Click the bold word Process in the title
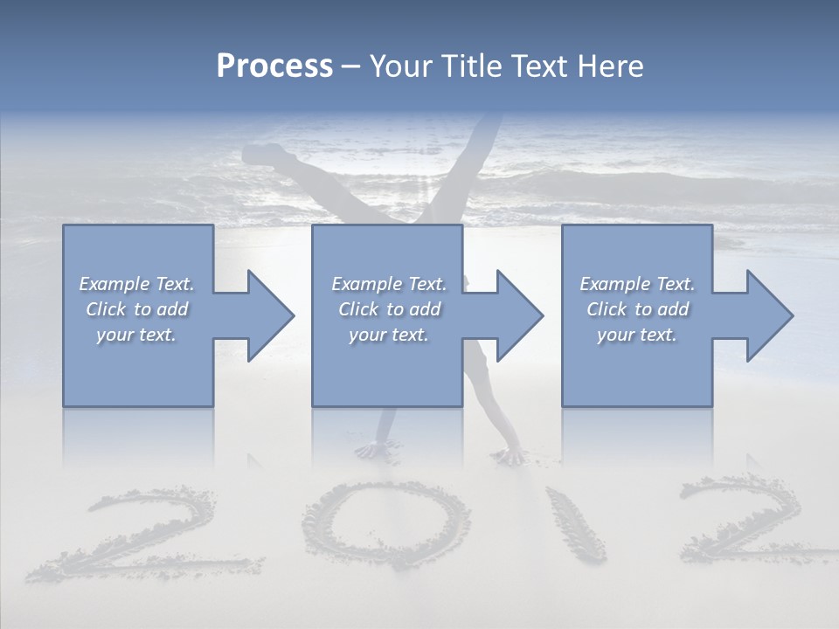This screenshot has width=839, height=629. click(274, 66)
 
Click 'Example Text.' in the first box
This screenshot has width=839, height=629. click(136, 284)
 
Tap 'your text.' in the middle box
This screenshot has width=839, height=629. click(388, 335)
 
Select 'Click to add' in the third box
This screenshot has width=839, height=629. click(637, 309)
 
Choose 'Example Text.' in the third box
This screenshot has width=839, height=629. click(637, 284)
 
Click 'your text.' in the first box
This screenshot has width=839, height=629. click(136, 335)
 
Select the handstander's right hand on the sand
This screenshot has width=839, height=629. click(509, 455)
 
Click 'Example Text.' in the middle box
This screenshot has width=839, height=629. click(388, 284)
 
